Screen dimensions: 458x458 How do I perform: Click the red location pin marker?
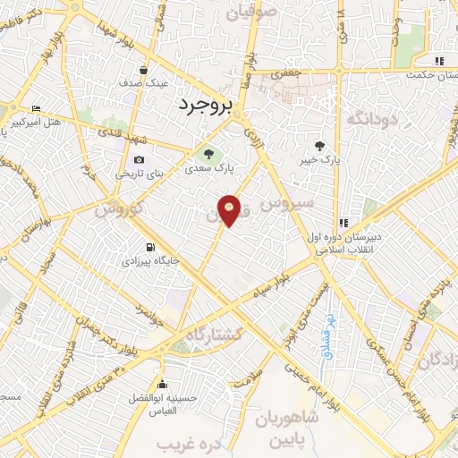(x=230, y=210)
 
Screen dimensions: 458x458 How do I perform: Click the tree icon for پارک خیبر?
(x=320, y=146)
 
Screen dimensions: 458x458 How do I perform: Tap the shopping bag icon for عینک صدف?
(x=143, y=69)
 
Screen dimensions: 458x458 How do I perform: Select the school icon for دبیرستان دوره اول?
(x=342, y=224)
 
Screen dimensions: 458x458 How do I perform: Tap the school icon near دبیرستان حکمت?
(x=437, y=61)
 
